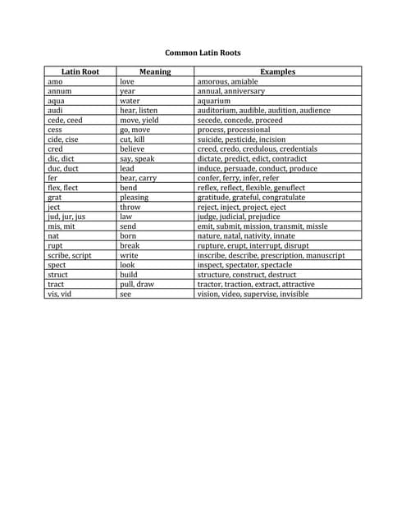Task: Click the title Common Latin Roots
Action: click(x=203, y=52)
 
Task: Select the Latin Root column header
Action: click(x=80, y=72)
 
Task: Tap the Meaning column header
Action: click(x=155, y=72)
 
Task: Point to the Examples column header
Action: click(x=277, y=72)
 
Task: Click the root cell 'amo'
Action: click(x=55, y=82)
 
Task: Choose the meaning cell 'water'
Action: click(x=130, y=101)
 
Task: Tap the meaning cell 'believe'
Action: click(x=133, y=149)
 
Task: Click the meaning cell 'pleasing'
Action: click(x=135, y=198)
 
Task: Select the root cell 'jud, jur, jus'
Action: click(x=66, y=217)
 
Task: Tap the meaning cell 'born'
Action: click(x=129, y=236)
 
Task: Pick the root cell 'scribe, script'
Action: click(x=70, y=255)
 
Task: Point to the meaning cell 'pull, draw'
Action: click(x=137, y=285)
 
